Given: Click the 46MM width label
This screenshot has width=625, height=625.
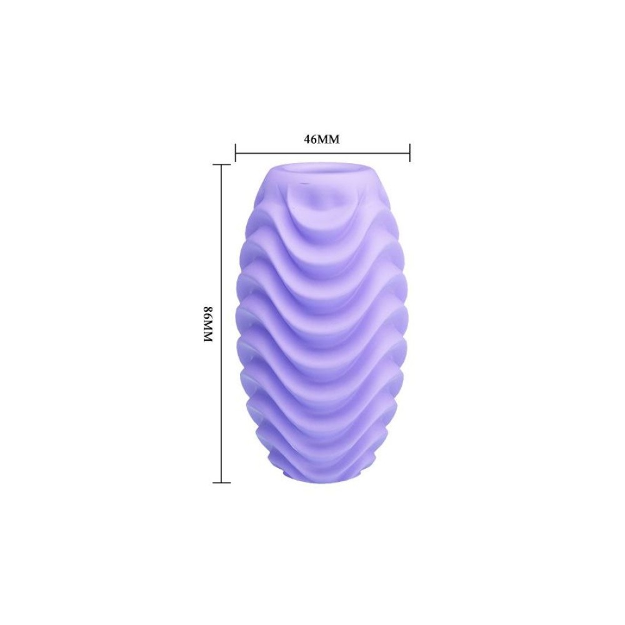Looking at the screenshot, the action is point(321,139).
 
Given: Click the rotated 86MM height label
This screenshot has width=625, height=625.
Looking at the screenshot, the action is point(209,324).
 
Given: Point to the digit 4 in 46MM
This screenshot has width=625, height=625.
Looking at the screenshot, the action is point(307,139).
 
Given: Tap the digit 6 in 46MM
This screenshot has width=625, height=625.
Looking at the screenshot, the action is point(314,139).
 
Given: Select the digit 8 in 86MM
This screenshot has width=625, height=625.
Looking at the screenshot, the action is point(209,309).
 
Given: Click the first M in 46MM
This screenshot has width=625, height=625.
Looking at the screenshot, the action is point(323,139).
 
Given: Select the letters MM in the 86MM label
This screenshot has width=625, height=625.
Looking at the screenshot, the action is point(209,331).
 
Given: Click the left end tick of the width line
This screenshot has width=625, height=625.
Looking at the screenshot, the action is point(236,152).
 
